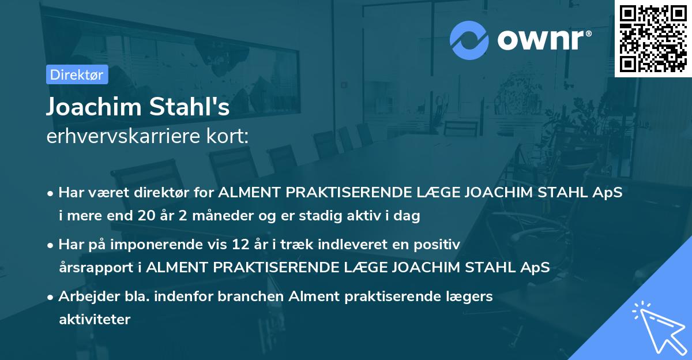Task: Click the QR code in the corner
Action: (x=653, y=39)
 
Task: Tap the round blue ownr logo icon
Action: (x=470, y=40)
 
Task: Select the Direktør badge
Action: (x=77, y=74)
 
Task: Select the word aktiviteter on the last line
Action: (x=95, y=319)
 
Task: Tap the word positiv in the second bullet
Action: (x=439, y=244)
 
